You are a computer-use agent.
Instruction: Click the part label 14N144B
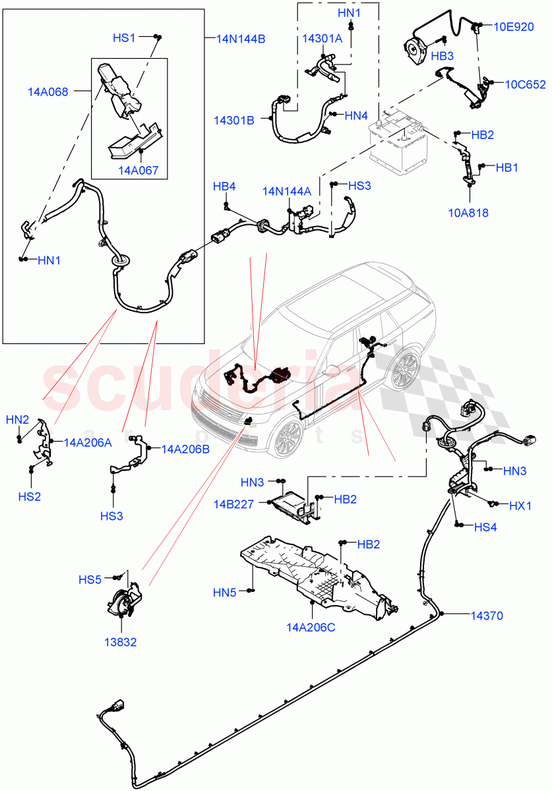coord(241,39)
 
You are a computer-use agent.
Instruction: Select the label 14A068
coord(47,92)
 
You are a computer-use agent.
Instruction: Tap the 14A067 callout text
coord(138,171)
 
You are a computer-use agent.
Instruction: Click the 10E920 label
coord(520,26)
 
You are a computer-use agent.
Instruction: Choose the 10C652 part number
coord(525,84)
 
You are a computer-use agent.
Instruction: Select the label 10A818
coord(469,213)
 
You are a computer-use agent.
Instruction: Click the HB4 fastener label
coord(224,187)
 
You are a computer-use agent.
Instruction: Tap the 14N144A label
coord(286,191)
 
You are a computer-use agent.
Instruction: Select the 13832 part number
coord(119,641)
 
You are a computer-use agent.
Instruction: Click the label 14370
coord(487,616)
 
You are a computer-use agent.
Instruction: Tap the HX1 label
coord(520,506)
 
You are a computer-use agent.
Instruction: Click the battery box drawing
coord(398,141)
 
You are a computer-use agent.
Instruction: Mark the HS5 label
coord(90,580)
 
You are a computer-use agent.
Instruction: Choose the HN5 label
coord(224,593)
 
